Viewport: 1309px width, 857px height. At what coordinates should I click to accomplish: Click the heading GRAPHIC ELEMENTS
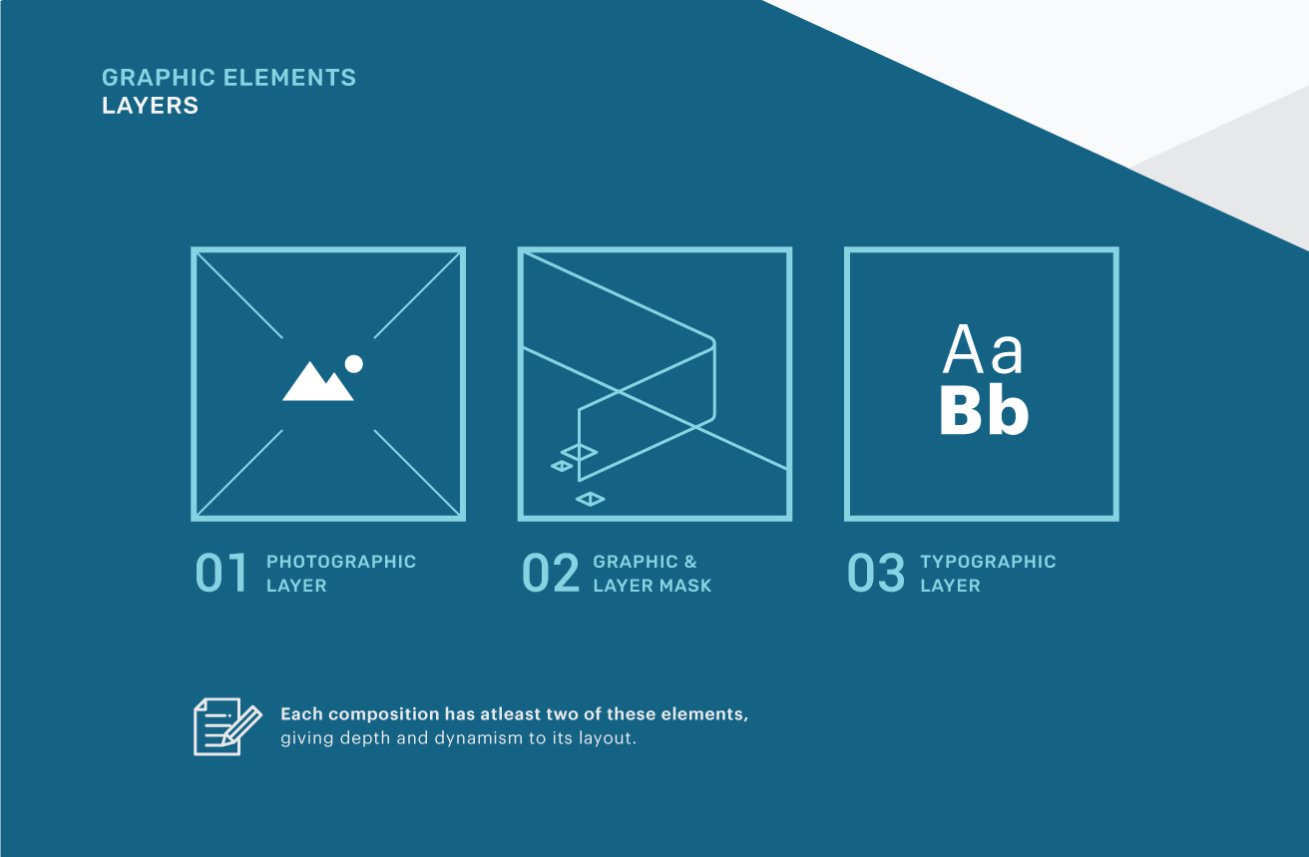pyautogui.click(x=229, y=78)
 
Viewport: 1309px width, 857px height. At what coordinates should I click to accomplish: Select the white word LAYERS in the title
pyautogui.click(x=151, y=106)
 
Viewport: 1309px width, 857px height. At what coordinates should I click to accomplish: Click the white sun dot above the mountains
pyautogui.click(x=353, y=364)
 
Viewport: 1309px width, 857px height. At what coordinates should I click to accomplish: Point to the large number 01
pyautogui.click(x=221, y=573)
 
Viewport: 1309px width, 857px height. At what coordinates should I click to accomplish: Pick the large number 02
pyautogui.click(x=550, y=573)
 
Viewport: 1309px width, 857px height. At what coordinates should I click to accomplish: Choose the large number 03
pyautogui.click(x=875, y=573)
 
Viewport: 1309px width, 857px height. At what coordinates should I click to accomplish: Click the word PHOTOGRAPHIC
pyautogui.click(x=341, y=562)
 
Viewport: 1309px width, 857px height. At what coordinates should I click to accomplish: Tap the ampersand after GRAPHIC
pyautogui.click(x=690, y=562)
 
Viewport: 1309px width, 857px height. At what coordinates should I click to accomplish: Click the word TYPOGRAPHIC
pyautogui.click(x=988, y=562)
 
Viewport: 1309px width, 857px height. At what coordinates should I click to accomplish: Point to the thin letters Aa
pyautogui.click(x=983, y=349)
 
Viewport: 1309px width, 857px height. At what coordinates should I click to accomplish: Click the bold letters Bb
pyautogui.click(x=984, y=411)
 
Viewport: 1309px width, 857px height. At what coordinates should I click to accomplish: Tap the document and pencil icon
pyautogui.click(x=227, y=726)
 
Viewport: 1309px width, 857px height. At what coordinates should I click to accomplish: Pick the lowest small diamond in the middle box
pyautogui.click(x=591, y=499)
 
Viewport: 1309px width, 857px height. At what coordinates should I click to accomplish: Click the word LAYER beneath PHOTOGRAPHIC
pyautogui.click(x=296, y=586)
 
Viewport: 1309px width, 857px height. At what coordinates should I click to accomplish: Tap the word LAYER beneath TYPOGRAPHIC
pyautogui.click(x=950, y=586)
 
